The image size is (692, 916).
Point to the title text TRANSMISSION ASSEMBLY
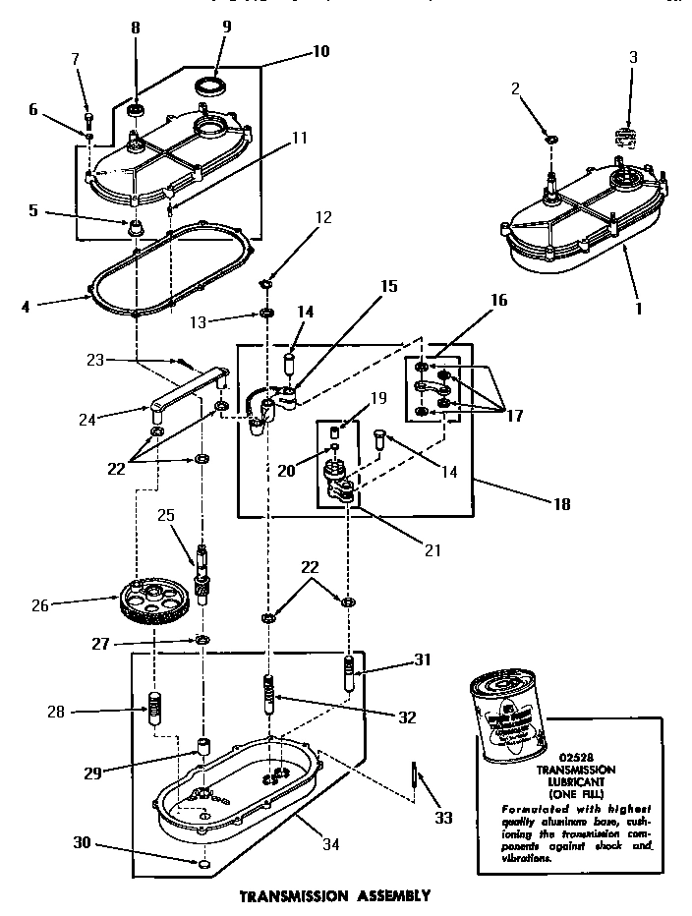335,896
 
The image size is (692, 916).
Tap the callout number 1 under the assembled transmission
639,308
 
